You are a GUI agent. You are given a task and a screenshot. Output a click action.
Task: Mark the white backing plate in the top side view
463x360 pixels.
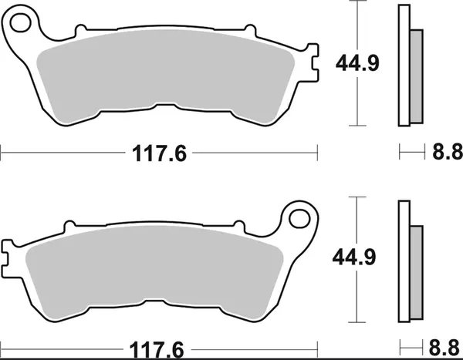(404, 66)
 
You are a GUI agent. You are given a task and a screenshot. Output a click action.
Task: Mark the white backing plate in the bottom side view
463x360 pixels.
(404, 262)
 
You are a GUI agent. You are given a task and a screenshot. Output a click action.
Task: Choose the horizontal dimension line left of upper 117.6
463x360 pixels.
(62, 153)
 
